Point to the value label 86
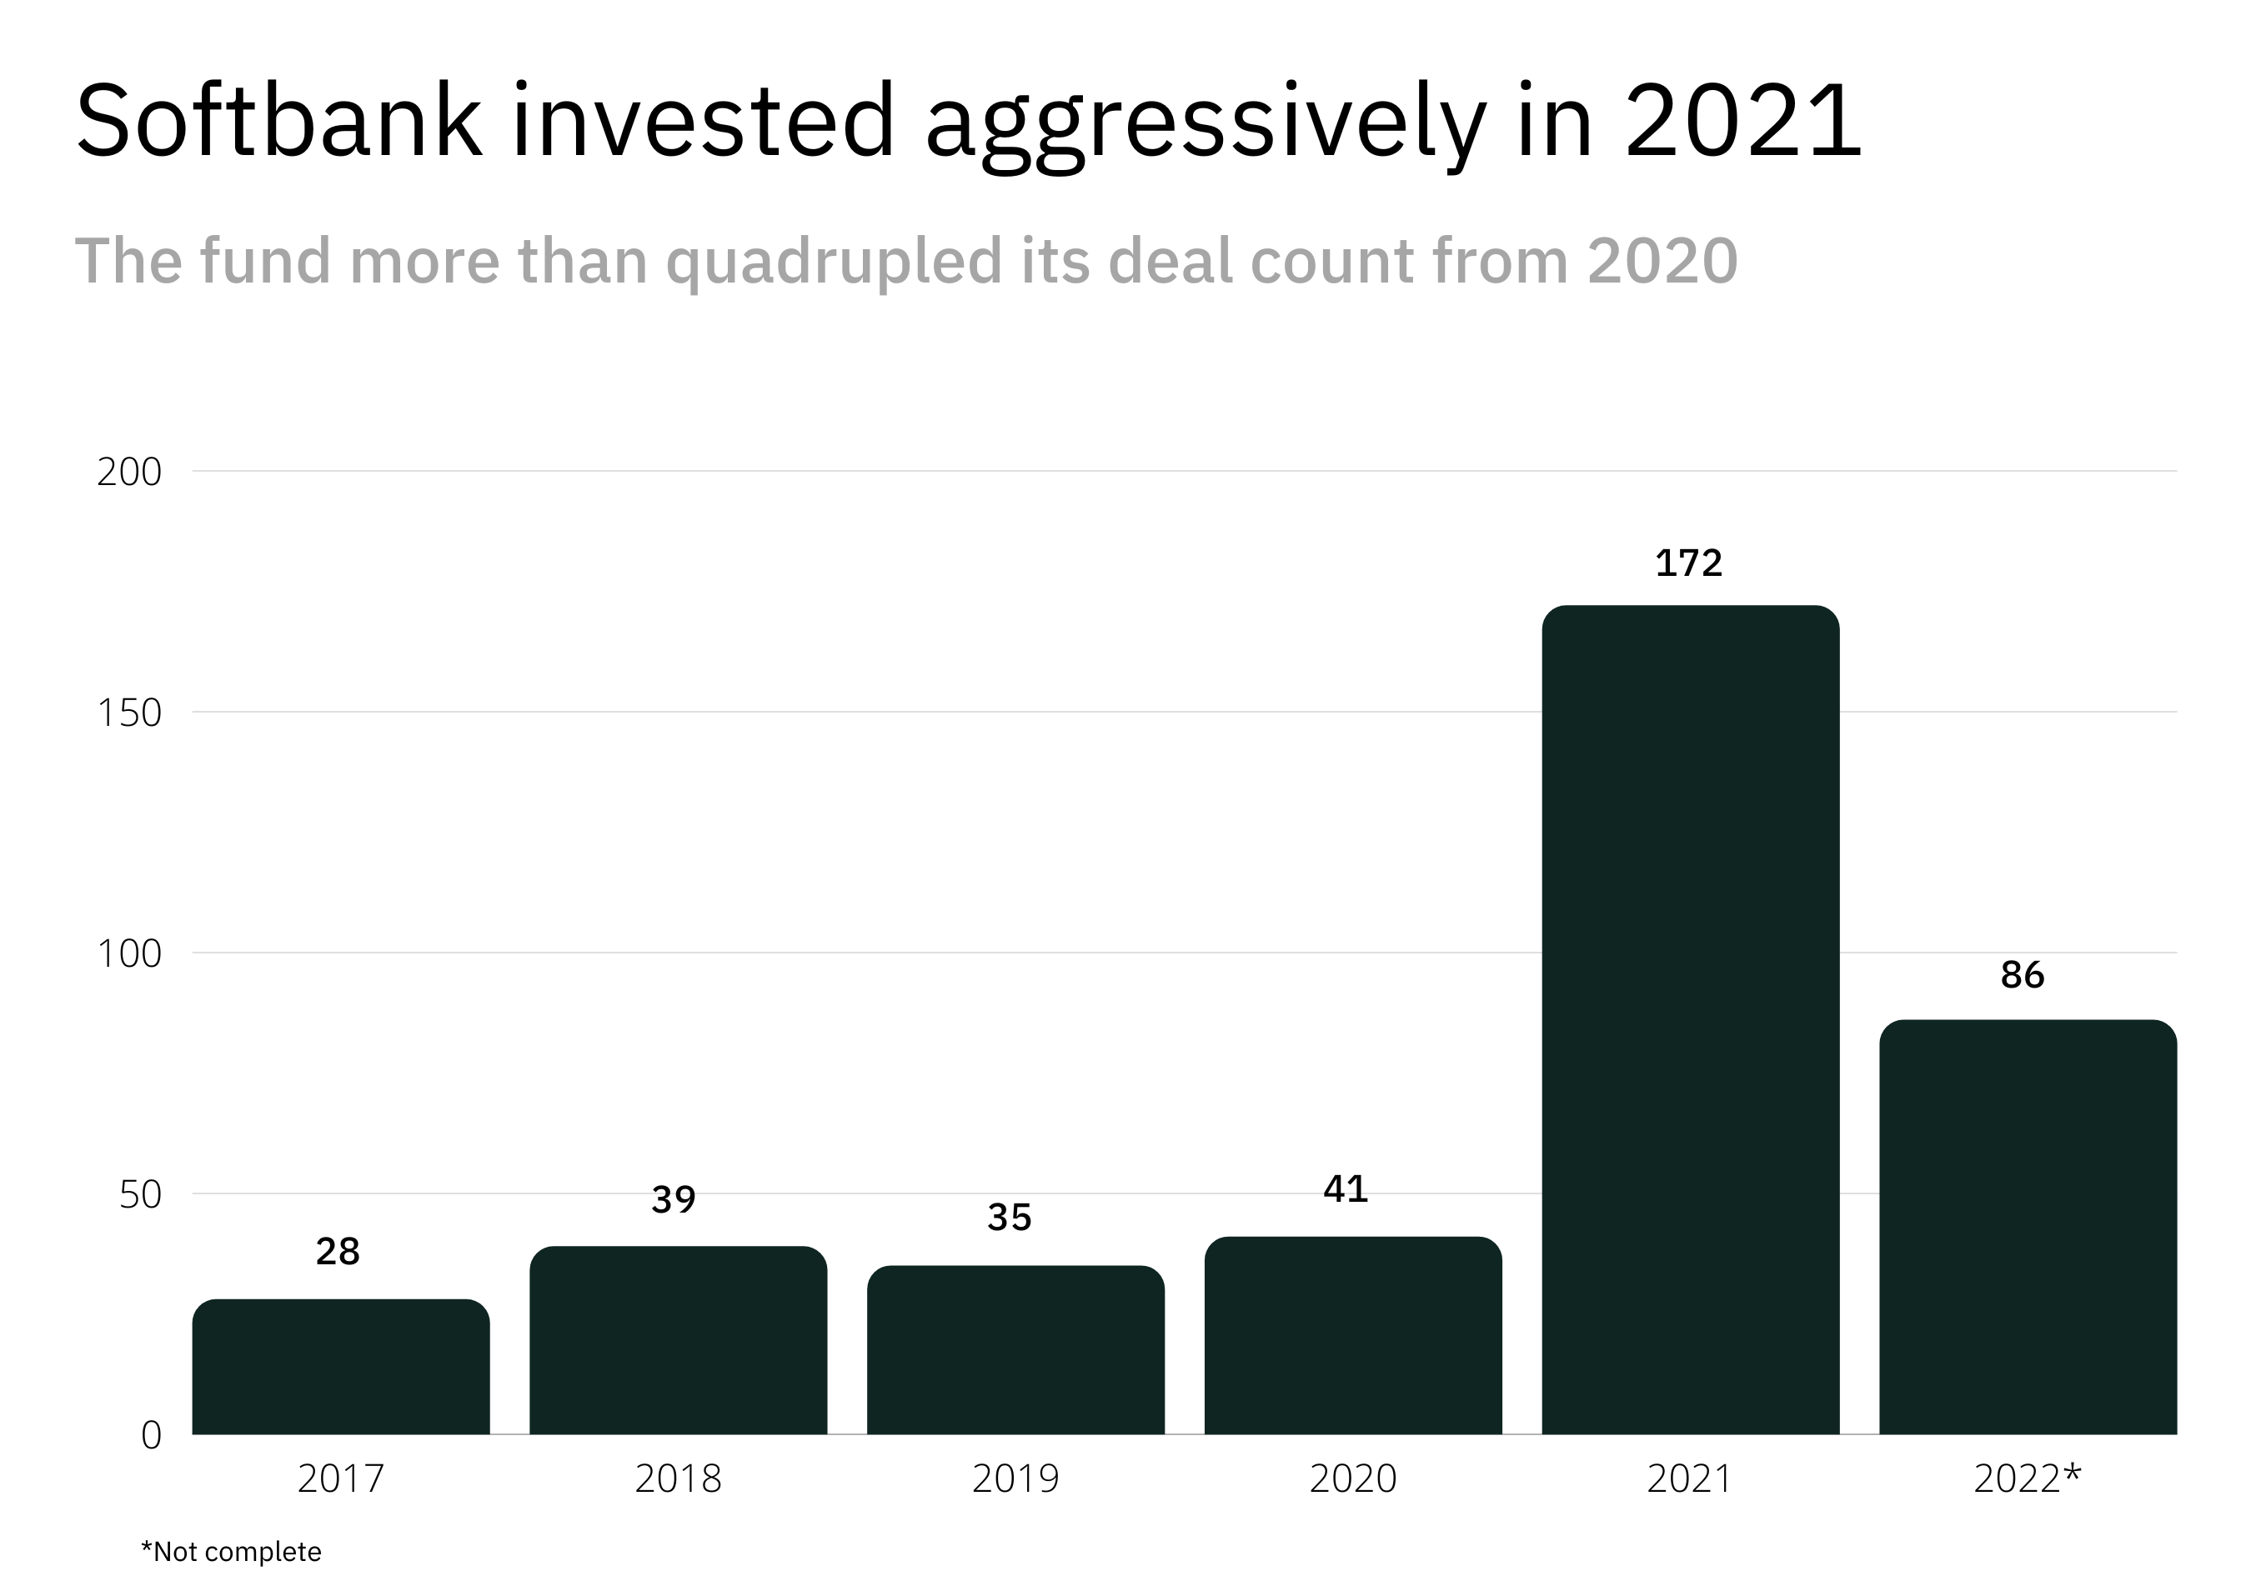(x=2022, y=975)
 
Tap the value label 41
(x=1346, y=1190)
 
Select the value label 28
(x=337, y=1252)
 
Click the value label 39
(x=674, y=1199)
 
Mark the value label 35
(x=1010, y=1218)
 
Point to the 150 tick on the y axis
(x=128, y=713)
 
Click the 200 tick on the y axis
(x=128, y=472)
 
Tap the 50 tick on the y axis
(x=139, y=1195)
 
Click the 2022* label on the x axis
(x=2027, y=1478)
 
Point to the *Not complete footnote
(x=231, y=1552)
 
